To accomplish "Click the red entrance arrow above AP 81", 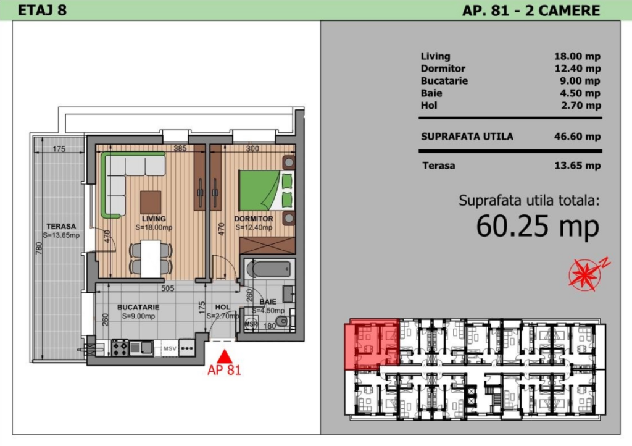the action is pos(225,356).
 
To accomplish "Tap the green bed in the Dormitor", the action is pos(266,190).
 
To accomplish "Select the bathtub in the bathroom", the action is pos(268,269).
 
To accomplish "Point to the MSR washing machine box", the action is pos(251,324).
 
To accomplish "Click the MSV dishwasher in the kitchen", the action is pos(170,348).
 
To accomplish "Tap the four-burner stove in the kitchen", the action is pos(120,348).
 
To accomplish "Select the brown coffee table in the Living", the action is pos(151,202).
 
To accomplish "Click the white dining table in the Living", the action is pos(151,258).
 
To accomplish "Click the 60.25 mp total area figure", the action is pos(538,226).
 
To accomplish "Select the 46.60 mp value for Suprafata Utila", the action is pos(577,137).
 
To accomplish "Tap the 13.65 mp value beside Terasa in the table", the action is pos(577,166).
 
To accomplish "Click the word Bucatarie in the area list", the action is pos(444,81).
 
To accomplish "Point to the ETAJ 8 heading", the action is pos(43,10).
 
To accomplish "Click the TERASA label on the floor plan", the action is pos(61,226).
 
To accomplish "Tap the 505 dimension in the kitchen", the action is pos(168,288).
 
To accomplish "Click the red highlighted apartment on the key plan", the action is pos(371,344).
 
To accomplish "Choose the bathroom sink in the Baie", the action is pos(289,294).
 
